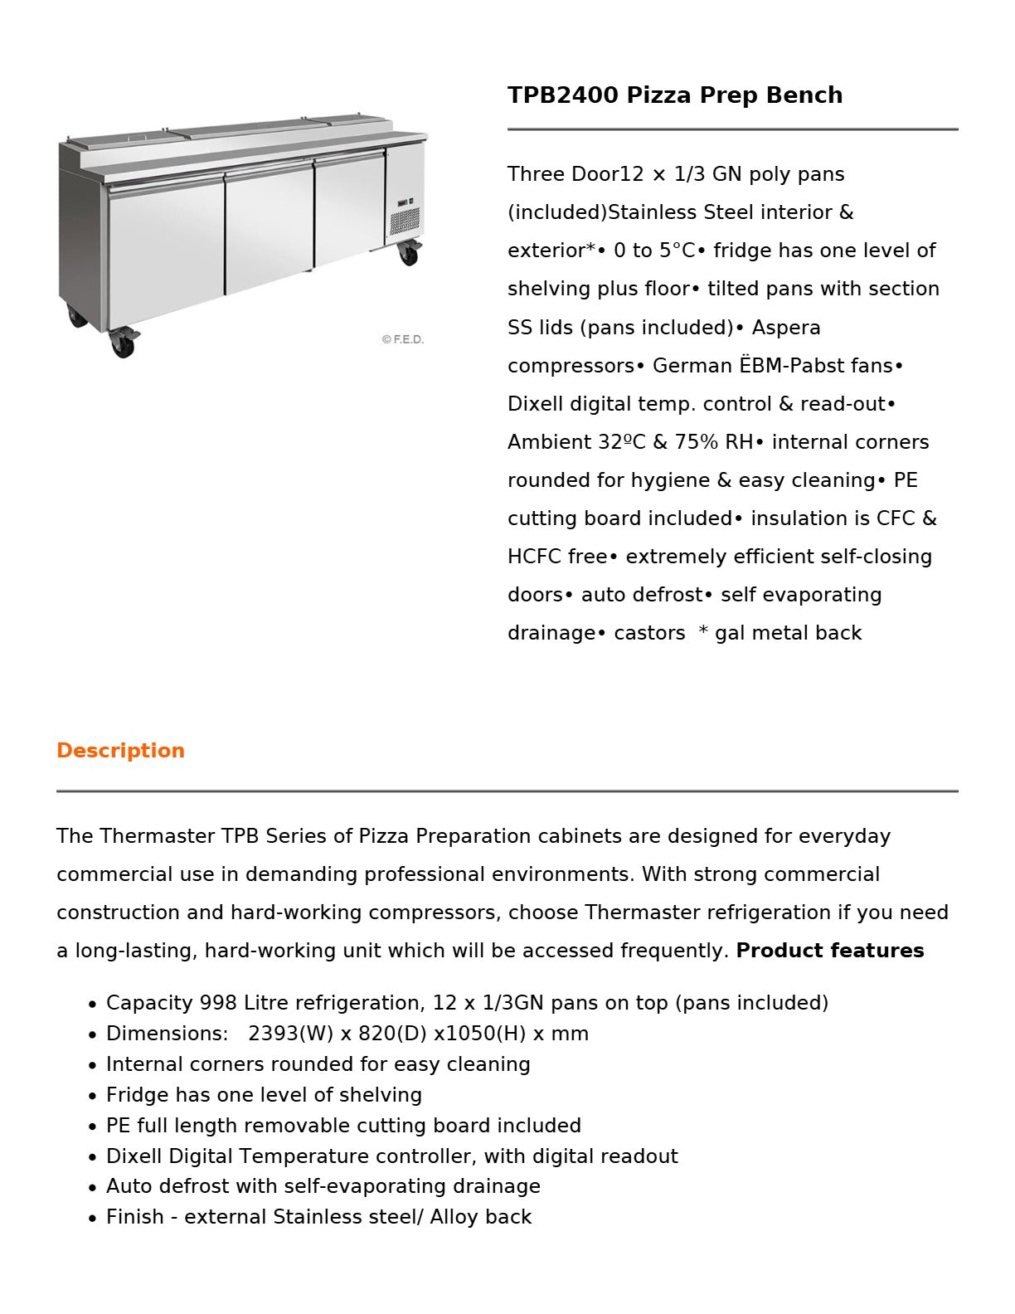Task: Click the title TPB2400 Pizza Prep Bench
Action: (674, 95)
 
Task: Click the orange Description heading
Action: (120, 751)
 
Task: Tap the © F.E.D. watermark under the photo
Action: (403, 339)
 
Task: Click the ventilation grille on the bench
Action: (405, 221)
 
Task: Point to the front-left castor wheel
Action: (123, 343)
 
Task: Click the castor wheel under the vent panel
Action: (408, 252)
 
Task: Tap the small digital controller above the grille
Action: (404, 202)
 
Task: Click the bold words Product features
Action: (829, 951)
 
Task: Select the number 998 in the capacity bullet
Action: (218, 1003)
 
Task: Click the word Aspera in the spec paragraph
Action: (785, 328)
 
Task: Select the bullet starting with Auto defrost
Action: (323, 1186)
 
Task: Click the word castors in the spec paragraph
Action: (649, 633)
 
